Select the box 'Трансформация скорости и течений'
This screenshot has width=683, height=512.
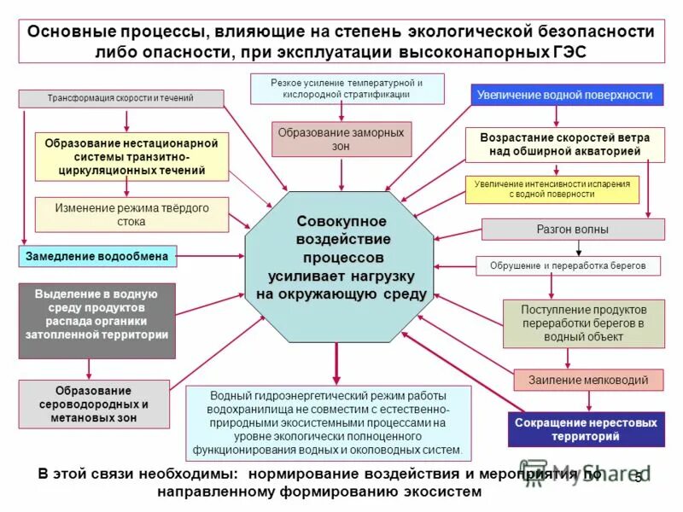(x=120, y=98)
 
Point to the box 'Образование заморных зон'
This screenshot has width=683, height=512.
(x=341, y=138)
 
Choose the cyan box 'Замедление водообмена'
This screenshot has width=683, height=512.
(x=98, y=256)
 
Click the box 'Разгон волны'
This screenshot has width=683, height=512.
(x=573, y=229)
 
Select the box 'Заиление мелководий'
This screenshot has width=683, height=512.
(x=588, y=380)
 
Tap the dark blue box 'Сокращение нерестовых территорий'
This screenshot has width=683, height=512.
(x=586, y=429)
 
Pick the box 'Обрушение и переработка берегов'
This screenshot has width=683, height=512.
(x=568, y=266)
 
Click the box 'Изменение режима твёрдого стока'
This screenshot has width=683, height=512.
(x=131, y=214)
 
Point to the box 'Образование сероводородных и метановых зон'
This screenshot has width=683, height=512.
(x=96, y=404)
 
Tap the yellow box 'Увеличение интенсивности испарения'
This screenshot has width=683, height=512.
(x=552, y=189)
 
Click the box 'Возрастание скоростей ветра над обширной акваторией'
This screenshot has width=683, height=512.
(x=564, y=144)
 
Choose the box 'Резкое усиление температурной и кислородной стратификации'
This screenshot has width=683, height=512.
(x=347, y=88)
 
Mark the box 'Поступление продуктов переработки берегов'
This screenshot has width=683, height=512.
(x=584, y=323)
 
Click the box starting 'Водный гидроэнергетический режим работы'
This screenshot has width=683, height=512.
(x=328, y=423)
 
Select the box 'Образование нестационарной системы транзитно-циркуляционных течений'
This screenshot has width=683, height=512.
(x=132, y=157)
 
